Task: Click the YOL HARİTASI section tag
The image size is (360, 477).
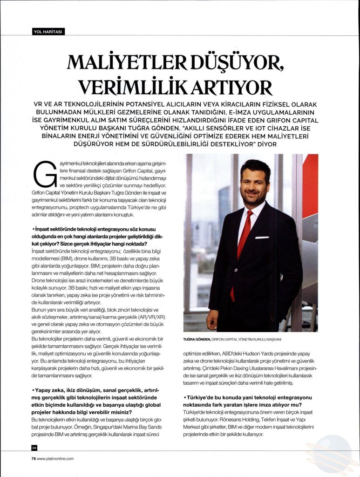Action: pyautogui.click(x=48, y=32)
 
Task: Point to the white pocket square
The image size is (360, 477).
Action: pyautogui.click(x=262, y=238)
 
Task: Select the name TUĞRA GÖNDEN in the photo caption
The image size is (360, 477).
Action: pyautogui.click(x=197, y=339)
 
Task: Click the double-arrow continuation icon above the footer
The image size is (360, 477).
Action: pyautogui.click(x=34, y=448)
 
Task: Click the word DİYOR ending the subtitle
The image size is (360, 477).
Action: pyautogui.click(x=267, y=144)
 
